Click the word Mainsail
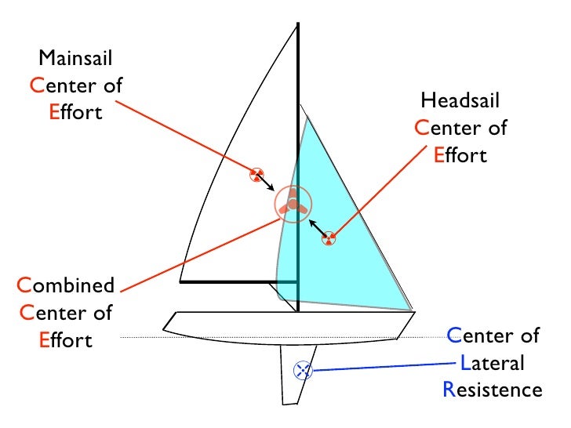pyautogui.click(x=75, y=58)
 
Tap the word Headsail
pyautogui.click(x=460, y=100)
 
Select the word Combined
pyautogui.click(x=65, y=285)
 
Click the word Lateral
pyautogui.click(x=493, y=364)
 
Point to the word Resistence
pyautogui.click(x=493, y=390)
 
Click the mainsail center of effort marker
pyautogui.click(x=256, y=175)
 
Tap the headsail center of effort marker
pyautogui.click(x=329, y=238)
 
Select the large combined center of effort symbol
pyautogui.click(x=293, y=205)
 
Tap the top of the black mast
pyautogui.click(x=298, y=27)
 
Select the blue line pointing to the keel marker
pyautogui.click(x=376, y=365)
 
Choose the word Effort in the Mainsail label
pyautogui.click(x=75, y=112)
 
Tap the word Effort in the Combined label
pyautogui.click(x=65, y=340)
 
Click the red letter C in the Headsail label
pyautogui.click(x=422, y=129)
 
